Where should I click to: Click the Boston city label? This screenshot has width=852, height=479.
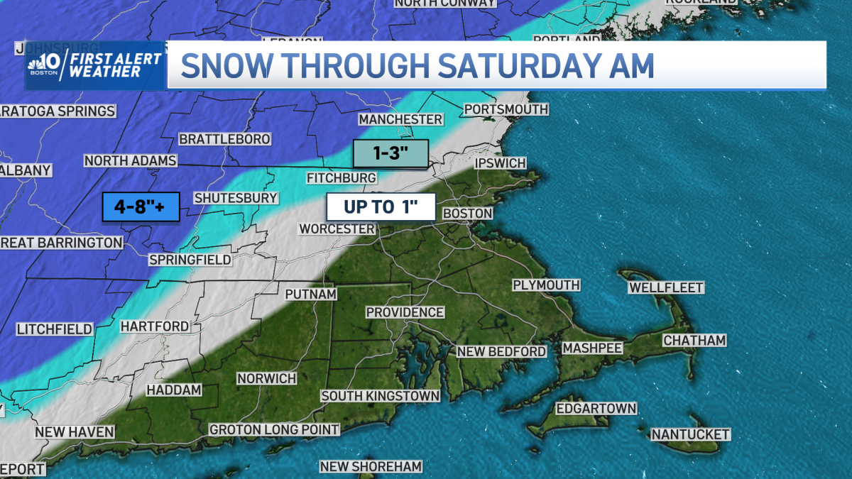pos(467,213)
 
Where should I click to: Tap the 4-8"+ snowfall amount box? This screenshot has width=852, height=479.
pos(139,207)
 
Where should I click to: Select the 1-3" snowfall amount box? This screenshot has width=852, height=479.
pos(390,154)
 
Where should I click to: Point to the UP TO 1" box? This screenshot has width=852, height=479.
pos(370,207)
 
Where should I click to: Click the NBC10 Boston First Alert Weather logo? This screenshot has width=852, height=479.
pos(94,65)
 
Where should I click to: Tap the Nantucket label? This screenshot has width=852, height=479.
pos(690,434)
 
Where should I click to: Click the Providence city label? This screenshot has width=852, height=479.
pos(405,312)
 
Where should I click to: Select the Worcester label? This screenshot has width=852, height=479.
pos(337,229)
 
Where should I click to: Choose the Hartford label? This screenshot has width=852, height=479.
pos(155,326)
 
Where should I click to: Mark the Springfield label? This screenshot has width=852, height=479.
pos(190,260)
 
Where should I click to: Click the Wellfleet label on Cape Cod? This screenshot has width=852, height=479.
pos(665,287)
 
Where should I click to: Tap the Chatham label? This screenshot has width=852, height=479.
pos(694,341)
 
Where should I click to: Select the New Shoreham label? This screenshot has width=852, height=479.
pos(371,466)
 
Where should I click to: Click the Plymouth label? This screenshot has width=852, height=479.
pos(546,285)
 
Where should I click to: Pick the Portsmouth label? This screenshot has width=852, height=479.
pos(506,109)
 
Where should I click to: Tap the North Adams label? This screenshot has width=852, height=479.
pos(130,160)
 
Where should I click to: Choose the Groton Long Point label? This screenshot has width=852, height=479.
pos(274,429)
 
